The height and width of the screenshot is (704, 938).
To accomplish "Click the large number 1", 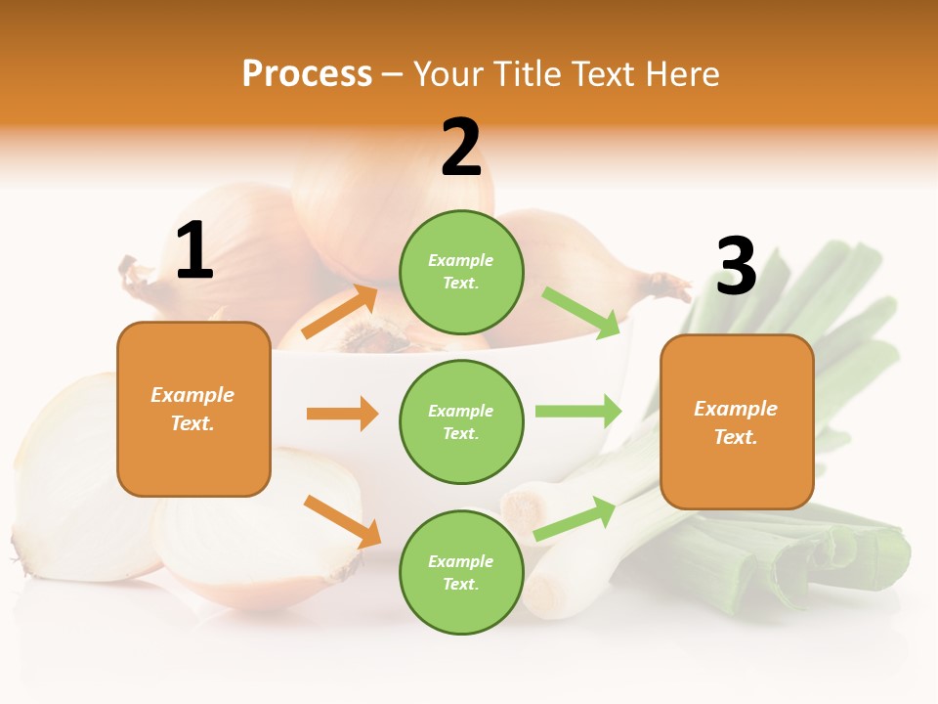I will [x=194, y=252].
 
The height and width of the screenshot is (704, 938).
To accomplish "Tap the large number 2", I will [x=461, y=148].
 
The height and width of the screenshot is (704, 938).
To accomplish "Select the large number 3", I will [x=736, y=267].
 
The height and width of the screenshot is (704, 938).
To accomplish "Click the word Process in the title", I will [x=307, y=73].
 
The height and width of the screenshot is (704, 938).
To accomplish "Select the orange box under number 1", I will [x=193, y=409].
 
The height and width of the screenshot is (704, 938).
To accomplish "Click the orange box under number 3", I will [x=737, y=421].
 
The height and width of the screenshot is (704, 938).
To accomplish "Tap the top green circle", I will [x=461, y=272].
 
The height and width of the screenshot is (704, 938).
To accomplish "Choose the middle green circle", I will [x=461, y=421].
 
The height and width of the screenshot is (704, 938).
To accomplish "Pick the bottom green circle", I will [x=461, y=572].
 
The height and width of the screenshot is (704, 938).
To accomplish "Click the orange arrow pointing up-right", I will [x=340, y=312].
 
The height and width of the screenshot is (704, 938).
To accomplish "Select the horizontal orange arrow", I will [x=342, y=414].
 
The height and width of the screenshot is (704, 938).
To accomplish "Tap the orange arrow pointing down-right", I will [x=342, y=520].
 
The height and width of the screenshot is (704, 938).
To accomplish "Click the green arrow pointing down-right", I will [x=580, y=310].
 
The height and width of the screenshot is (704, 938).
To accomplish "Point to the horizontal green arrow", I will [x=578, y=411].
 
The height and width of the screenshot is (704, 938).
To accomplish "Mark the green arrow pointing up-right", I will [x=575, y=518].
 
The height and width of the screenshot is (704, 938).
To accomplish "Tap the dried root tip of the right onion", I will [x=670, y=285].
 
